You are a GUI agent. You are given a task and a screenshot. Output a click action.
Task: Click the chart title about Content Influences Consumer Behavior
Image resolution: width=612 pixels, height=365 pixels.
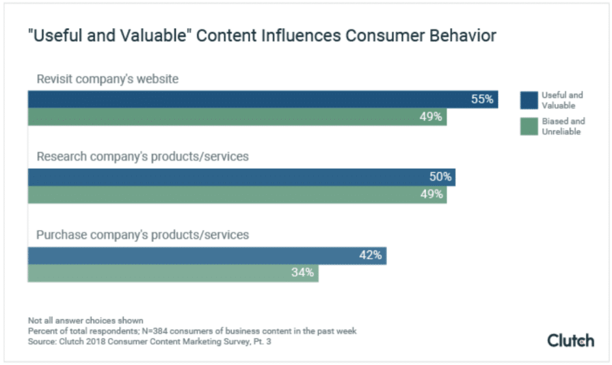click(x=262, y=36)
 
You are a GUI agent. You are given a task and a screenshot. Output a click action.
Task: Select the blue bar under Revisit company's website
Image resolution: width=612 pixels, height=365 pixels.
click(x=263, y=99)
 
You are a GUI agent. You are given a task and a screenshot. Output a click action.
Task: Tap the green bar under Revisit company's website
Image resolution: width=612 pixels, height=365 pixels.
click(x=237, y=117)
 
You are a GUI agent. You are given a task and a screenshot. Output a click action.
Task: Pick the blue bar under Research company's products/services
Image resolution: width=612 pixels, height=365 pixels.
click(x=241, y=177)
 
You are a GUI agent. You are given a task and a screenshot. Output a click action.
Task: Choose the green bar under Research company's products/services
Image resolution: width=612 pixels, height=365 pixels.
click(x=237, y=195)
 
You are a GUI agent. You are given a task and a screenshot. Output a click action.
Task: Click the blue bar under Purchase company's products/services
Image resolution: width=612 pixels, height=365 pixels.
click(x=207, y=256)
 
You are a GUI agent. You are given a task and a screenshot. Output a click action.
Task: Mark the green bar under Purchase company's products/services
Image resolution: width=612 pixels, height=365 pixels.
click(x=172, y=273)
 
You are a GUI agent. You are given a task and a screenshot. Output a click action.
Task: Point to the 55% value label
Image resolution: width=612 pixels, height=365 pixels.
click(x=482, y=99)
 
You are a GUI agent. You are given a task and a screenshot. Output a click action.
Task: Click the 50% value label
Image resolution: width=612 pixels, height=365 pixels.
click(x=440, y=177)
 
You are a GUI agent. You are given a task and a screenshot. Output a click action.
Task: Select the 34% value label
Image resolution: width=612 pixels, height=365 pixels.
click(x=302, y=273)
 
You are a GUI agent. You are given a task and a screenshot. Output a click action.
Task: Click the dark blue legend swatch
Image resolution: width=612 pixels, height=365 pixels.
click(x=529, y=100)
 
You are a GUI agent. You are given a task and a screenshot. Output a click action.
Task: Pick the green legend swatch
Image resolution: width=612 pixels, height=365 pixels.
click(x=529, y=126)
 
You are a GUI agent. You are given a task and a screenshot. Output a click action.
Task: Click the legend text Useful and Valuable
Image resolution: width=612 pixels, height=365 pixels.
click(x=562, y=100)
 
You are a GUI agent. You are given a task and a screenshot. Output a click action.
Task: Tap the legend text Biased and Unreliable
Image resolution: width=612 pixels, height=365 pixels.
click(x=563, y=126)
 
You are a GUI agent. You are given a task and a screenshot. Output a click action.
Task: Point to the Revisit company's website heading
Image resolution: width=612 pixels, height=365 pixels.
click(x=107, y=79)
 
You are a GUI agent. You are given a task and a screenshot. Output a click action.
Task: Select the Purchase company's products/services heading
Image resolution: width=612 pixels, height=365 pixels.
click(x=142, y=235)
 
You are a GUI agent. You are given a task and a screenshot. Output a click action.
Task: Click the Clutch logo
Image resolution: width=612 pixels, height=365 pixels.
click(x=570, y=340)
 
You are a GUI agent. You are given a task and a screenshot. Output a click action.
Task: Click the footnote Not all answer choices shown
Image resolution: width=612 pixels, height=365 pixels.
click(x=85, y=321)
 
